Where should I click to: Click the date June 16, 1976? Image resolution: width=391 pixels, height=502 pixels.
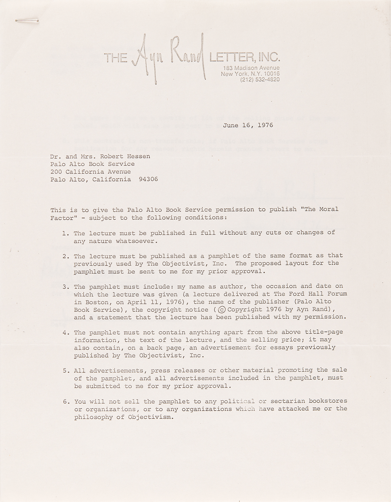click(x=248, y=125)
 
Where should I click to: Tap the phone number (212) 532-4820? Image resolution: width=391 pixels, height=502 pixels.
click(x=260, y=80)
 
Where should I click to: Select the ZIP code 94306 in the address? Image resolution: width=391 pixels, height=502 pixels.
click(x=150, y=179)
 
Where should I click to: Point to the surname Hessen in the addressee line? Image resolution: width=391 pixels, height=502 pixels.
click(x=139, y=156)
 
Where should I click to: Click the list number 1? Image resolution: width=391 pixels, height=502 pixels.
click(x=65, y=233)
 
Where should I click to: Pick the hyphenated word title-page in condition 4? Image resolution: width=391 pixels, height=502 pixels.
click(x=324, y=332)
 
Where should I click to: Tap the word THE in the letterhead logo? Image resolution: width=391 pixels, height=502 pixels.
click(x=116, y=58)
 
